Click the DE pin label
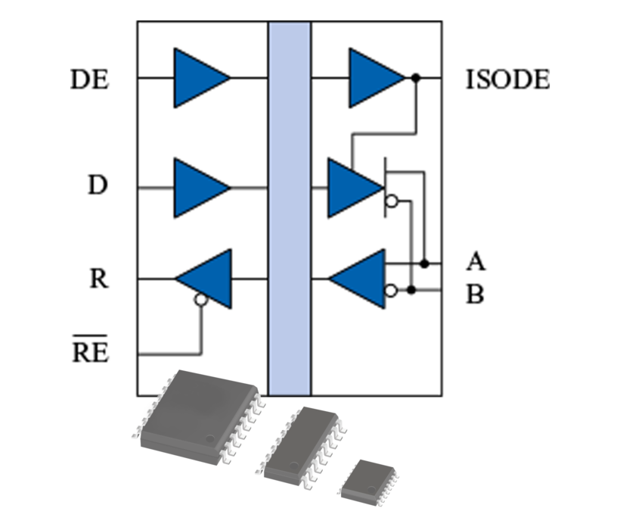pos(89,79)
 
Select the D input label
pos(97,185)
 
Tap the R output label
pos(98,279)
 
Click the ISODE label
pos(507,79)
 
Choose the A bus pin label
pos(475,263)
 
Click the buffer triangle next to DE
pos(198,78)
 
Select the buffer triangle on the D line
pos(198,187)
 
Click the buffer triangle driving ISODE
pos(374,78)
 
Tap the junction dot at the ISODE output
pos(415,78)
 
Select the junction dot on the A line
pos(425,263)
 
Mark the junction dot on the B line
pos(411,290)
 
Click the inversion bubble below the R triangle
pos(200,300)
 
